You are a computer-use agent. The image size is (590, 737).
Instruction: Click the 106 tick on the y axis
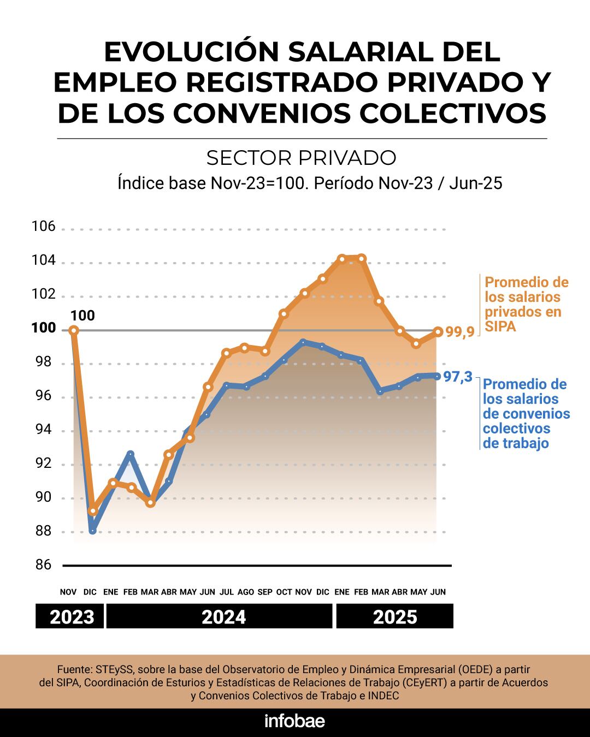pos(44,226)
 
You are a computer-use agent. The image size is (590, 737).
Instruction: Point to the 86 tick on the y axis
pos(43,564)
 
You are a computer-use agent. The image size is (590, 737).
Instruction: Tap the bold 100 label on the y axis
pos(44,328)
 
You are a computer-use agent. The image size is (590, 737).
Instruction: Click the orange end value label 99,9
pos(459,332)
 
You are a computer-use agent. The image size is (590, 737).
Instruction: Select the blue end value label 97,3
pos(457,376)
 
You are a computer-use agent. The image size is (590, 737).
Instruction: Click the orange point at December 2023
pos(93,511)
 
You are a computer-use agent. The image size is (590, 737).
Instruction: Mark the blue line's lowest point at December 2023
pos(92,530)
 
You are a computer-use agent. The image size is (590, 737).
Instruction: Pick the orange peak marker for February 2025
pos(361,258)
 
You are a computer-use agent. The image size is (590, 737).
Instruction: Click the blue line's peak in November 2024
pos(303,342)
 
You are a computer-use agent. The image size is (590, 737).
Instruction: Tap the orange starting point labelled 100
pos(74,330)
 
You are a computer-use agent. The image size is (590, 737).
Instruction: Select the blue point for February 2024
pos(130,454)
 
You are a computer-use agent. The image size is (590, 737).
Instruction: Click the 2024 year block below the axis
pos(223,617)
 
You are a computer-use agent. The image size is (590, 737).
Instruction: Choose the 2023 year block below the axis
pos(72,617)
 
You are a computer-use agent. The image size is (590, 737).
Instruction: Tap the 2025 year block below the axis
pos(395,617)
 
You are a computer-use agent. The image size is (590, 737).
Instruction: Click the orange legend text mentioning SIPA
pos(526,305)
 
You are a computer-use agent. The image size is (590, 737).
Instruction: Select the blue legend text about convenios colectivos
pos(526,414)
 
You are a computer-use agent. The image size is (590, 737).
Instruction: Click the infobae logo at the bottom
pos(294,721)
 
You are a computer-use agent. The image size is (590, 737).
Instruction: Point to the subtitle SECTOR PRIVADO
pos(301,158)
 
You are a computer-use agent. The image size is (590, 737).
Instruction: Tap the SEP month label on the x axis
pos(265,592)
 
